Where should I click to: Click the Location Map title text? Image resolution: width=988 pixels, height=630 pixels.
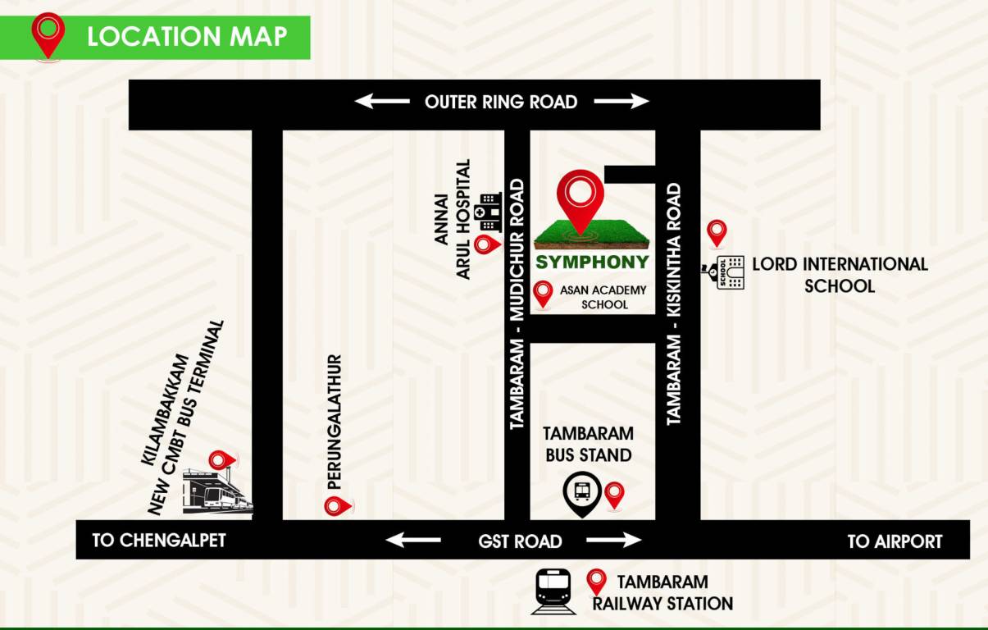coord(187,37)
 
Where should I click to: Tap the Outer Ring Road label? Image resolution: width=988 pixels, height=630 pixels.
coord(501,102)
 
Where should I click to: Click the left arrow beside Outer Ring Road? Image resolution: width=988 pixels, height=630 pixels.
coord(381,102)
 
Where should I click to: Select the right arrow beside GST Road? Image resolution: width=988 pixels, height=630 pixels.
coord(614,540)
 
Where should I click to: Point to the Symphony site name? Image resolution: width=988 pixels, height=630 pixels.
coord(592,262)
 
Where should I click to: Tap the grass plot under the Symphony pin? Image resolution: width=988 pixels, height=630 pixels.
coord(592,235)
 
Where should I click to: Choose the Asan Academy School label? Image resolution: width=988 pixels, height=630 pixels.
coord(603,297)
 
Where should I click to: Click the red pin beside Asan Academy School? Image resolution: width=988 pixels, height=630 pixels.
coord(542,294)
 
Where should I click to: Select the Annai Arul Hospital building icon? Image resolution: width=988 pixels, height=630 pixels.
coord(489,211)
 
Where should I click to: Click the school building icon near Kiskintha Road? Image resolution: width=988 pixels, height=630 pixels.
coord(728,272)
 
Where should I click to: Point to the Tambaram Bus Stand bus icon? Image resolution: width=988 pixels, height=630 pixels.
coord(582,492)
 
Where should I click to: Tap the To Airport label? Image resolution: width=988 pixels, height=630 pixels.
coord(895,541)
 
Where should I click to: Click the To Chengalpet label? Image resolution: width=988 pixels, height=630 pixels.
coord(158,541)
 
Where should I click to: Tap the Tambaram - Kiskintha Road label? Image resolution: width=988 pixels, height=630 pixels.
coord(674,304)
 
